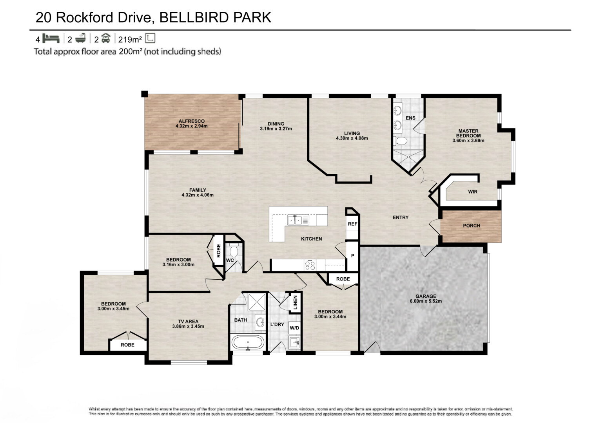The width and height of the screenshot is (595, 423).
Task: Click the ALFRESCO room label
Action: click(191, 121)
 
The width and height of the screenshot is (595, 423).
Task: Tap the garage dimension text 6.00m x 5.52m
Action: click(425, 301)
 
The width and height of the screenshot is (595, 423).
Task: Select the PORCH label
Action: click(471, 226)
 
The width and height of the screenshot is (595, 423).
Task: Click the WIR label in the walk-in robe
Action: click(472, 192)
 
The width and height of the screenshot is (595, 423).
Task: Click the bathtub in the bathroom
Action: click(248, 342)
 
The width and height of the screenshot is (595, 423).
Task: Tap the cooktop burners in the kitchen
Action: click(310, 265)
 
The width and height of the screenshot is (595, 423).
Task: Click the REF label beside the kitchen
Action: click(352, 224)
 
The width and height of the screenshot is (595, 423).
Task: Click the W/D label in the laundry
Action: click(294, 328)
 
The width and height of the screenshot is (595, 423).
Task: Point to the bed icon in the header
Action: click(51, 38)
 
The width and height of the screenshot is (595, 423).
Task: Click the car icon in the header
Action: click(105, 38)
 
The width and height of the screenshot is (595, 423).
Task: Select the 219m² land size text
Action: click(130, 39)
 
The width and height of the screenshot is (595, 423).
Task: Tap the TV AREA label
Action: click(188, 321)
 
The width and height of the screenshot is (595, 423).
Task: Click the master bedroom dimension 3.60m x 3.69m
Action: click(468, 141)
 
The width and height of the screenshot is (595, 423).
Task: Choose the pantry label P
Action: click(352, 256)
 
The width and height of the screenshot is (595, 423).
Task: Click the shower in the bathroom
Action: click(257, 302)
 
